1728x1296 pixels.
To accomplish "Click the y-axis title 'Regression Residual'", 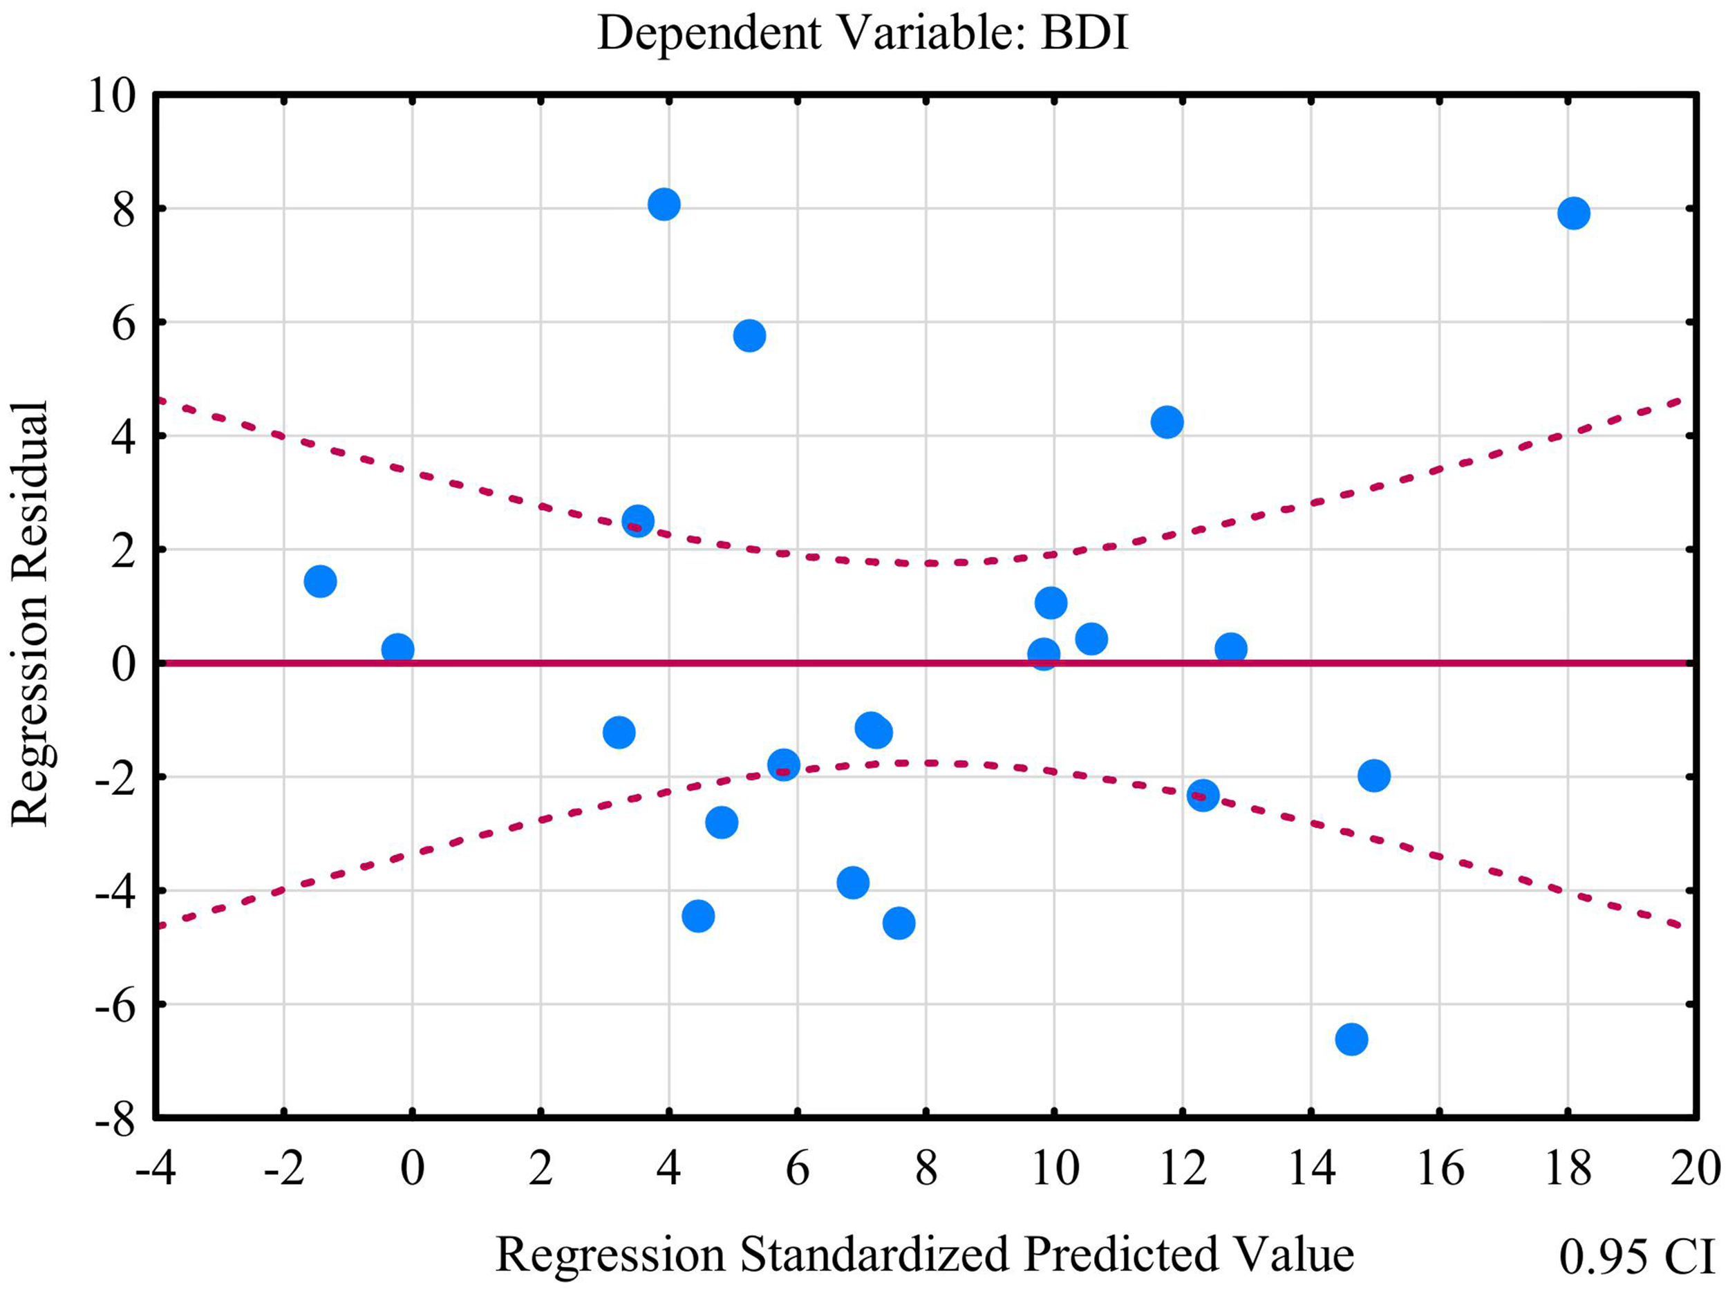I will point(30,612).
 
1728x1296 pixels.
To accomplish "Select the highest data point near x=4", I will point(664,205).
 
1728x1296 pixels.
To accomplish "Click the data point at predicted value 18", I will point(1573,214).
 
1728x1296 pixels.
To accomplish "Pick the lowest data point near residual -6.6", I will point(1351,1039).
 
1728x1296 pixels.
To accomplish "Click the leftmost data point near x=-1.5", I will point(320,581).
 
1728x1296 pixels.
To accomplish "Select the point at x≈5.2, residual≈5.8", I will point(749,336).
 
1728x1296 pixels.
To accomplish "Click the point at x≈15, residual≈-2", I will point(1374,776).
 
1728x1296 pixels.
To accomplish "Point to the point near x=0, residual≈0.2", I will point(397,648).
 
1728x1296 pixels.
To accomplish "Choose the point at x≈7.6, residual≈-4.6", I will point(899,923).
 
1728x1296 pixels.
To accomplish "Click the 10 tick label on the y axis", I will point(112,97).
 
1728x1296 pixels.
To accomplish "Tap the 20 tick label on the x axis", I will point(1696,1170).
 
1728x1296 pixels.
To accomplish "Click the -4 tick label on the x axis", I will point(156,1170).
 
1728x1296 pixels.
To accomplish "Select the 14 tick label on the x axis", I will point(1310,1170).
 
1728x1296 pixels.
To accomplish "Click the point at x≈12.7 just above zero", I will point(1230,648).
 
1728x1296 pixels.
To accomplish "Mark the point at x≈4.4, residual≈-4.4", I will point(698,916).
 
